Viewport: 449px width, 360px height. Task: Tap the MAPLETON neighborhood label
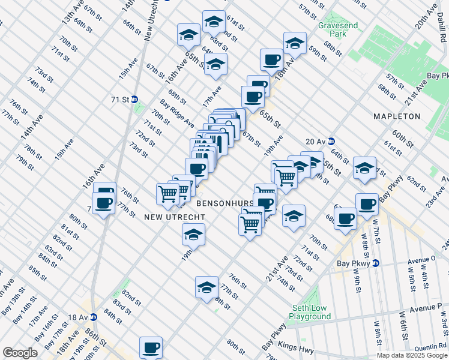click(x=396, y=116)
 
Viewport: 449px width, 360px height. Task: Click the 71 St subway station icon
click(x=135, y=99)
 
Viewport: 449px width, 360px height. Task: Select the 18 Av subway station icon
click(x=93, y=317)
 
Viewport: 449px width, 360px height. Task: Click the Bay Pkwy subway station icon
click(x=376, y=263)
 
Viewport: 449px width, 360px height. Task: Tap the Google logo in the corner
click(x=20, y=353)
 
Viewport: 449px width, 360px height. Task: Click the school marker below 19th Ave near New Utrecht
click(x=194, y=235)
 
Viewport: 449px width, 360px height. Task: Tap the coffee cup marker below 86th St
click(x=151, y=346)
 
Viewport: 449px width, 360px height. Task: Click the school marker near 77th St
click(x=206, y=286)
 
